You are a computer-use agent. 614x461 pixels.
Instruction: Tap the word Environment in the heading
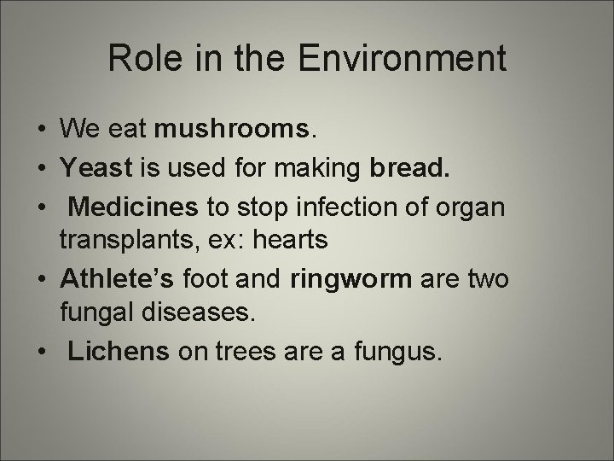(x=414, y=58)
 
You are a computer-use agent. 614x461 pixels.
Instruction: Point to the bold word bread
(x=406, y=167)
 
